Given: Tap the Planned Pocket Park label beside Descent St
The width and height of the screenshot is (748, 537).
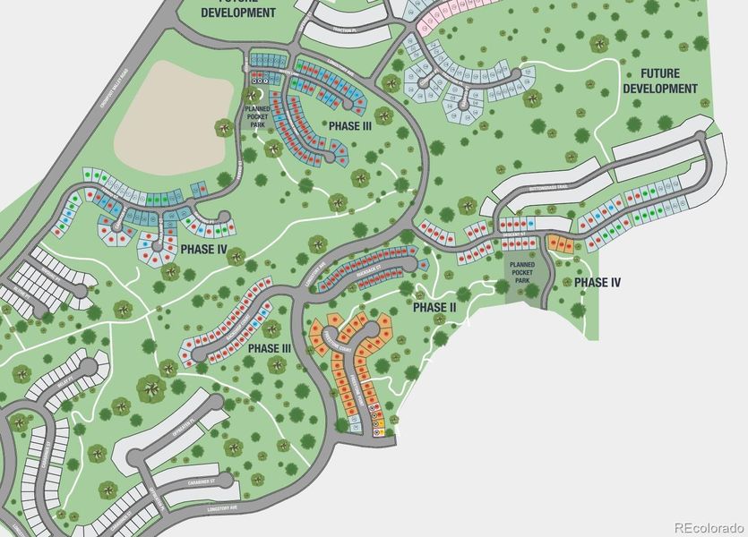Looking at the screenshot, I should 521,272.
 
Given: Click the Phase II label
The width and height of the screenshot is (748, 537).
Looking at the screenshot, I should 434,307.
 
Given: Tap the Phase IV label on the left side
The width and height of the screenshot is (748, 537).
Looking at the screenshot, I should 203,249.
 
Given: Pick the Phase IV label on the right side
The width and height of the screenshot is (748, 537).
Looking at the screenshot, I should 598,283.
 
